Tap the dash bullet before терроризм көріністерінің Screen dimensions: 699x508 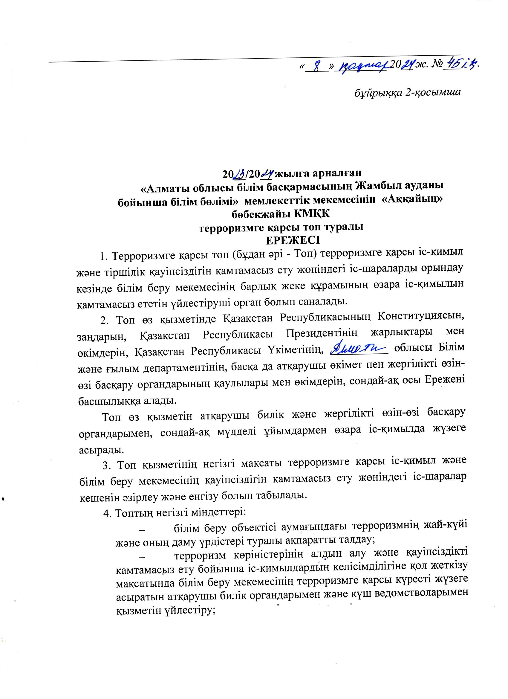pos(142,558)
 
